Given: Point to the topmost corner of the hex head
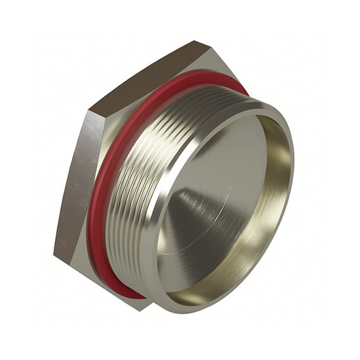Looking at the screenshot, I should pos(198,42).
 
